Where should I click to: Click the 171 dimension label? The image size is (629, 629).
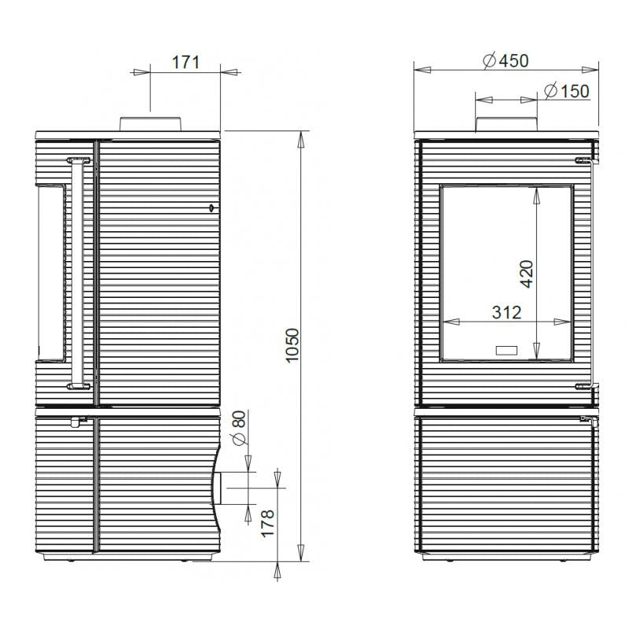[186, 62]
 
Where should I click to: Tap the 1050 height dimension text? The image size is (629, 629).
[292, 345]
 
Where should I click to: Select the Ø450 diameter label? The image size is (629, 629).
[506, 61]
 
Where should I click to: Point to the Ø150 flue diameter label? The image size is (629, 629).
[567, 90]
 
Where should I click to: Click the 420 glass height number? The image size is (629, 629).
[527, 274]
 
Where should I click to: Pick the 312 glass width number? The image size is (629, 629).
[506, 312]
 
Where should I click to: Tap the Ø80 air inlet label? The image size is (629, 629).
[238, 428]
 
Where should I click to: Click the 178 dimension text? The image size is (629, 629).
[267, 523]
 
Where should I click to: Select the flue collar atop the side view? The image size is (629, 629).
[150, 124]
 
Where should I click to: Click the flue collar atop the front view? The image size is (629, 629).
[506, 124]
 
